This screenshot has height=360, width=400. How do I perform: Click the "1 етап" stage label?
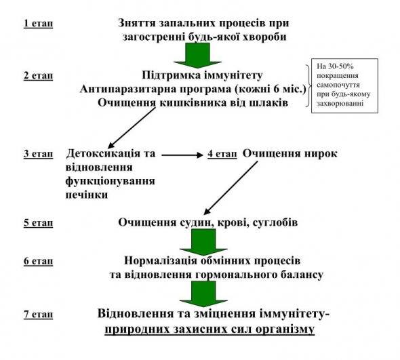pyautogui.click(x=38, y=24)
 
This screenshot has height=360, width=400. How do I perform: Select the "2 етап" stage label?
pyautogui.click(x=38, y=76)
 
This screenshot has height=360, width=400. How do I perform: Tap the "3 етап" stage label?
pyautogui.click(x=38, y=154)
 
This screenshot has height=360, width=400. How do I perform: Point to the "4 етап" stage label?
pyautogui.click(x=222, y=154)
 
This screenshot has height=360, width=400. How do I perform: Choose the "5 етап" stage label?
pyautogui.click(x=38, y=223)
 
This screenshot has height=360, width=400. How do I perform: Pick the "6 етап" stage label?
pyautogui.click(x=38, y=261)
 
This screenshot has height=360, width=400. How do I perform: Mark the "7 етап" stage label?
pyautogui.click(x=38, y=314)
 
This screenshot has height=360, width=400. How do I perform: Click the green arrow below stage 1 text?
pyautogui.click(x=198, y=56)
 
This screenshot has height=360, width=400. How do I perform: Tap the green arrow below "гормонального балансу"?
pyautogui.click(x=203, y=294)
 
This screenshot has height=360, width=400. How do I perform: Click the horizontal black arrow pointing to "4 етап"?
pyautogui.click(x=182, y=155)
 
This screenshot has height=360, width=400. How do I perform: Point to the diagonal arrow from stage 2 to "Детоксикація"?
pyautogui.click(x=132, y=128)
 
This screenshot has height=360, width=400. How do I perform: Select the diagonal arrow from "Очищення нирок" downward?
pyautogui.click(x=231, y=188)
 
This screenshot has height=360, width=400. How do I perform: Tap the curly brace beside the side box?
pyautogui.click(x=308, y=85)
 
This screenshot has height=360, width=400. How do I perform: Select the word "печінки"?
pyautogui.click(x=87, y=195)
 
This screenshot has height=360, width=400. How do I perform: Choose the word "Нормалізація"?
pyautogui.click(x=161, y=261)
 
